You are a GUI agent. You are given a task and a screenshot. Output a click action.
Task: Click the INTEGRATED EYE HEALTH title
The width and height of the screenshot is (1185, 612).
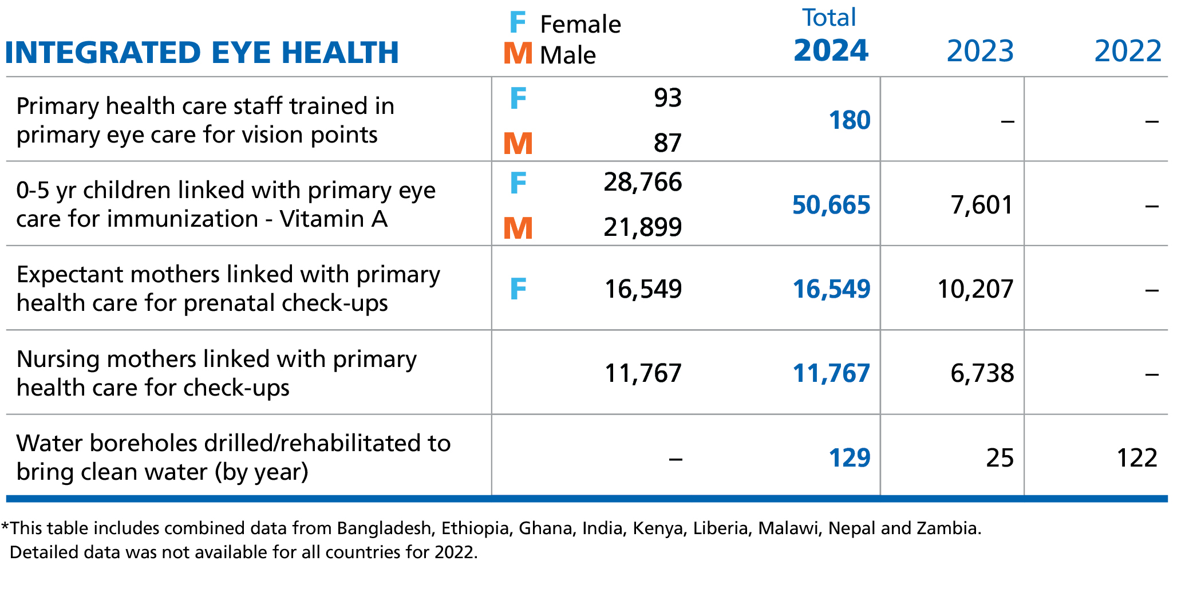pos(202,53)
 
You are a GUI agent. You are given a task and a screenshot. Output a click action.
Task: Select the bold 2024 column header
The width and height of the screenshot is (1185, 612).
pos(831,50)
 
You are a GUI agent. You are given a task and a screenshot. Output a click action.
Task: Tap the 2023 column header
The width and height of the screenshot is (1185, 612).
pos(980,52)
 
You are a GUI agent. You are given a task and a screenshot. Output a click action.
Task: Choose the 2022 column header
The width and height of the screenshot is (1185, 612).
pos(1128,52)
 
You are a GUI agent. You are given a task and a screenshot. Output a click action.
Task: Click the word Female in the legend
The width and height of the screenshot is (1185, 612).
pos(580,25)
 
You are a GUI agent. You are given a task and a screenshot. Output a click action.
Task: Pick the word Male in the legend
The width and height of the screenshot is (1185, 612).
pos(567,56)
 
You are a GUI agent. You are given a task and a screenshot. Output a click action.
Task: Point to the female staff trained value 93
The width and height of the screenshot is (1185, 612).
pos(667,98)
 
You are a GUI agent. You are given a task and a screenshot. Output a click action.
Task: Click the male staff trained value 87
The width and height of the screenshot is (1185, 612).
pos(667,143)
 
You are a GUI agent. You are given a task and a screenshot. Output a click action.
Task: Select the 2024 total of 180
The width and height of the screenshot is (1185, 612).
pos(850,120)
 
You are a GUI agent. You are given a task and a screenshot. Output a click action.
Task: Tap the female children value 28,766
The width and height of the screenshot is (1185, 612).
pos(642,182)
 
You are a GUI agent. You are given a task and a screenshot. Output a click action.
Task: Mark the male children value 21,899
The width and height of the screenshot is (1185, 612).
pos(642,227)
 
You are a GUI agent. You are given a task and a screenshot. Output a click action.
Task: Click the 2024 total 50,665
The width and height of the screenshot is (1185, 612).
pos(831,205)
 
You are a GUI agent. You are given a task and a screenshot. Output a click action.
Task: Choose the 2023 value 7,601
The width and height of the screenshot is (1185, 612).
pos(982,205)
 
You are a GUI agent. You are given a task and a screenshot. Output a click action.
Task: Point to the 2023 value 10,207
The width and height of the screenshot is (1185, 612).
pos(975,289)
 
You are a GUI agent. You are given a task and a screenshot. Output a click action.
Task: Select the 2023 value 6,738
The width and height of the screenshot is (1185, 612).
pos(982,373)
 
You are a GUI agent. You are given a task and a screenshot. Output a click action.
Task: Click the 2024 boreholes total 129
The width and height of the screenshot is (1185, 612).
pos(850,458)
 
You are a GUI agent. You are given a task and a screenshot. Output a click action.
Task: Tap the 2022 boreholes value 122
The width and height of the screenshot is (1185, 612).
pos(1137,458)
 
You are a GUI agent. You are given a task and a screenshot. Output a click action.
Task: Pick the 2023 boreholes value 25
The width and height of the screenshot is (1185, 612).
pos(1000,458)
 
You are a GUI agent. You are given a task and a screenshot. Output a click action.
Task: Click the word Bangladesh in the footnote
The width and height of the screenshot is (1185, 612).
pos(384,528)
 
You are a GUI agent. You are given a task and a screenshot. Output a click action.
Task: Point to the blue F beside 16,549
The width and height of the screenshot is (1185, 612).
pos(518,289)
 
